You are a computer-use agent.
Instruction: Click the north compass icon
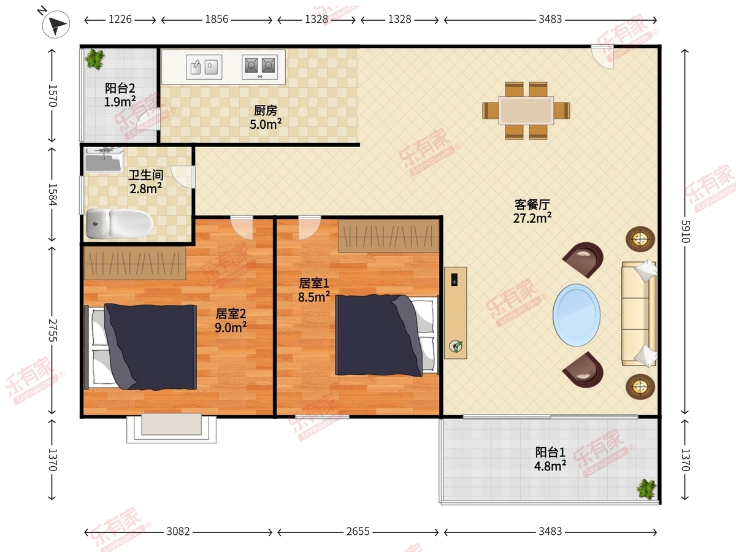(x=56, y=24)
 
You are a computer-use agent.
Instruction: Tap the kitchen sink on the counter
(x=204, y=67)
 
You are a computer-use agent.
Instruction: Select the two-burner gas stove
(x=260, y=67)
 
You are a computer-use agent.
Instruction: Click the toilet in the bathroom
(x=120, y=223)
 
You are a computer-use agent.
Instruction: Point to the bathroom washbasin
(x=103, y=160)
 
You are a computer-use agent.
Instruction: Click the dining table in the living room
(x=526, y=110)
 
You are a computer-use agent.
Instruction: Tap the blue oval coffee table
(x=577, y=315)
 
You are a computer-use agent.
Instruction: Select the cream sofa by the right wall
(x=638, y=313)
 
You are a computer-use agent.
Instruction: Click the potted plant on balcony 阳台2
(x=95, y=59)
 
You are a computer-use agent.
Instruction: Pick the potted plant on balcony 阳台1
(x=646, y=489)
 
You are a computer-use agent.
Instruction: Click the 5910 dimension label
(x=685, y=231)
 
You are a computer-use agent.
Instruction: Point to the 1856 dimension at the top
(x=217, y=20)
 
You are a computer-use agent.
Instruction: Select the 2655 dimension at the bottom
(x=358, y=532)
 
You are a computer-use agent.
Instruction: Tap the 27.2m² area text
(x=532, y=218)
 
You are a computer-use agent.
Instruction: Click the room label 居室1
(x=314, y=283)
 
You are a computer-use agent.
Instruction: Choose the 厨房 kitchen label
(x=265, y=110)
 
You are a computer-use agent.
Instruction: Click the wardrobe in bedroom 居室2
(x=135, y=263)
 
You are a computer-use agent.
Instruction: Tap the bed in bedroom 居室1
(x=387, y=335)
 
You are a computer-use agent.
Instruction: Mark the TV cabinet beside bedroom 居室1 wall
(x=455, y=313)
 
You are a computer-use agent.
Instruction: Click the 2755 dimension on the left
(x=53, y=331)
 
